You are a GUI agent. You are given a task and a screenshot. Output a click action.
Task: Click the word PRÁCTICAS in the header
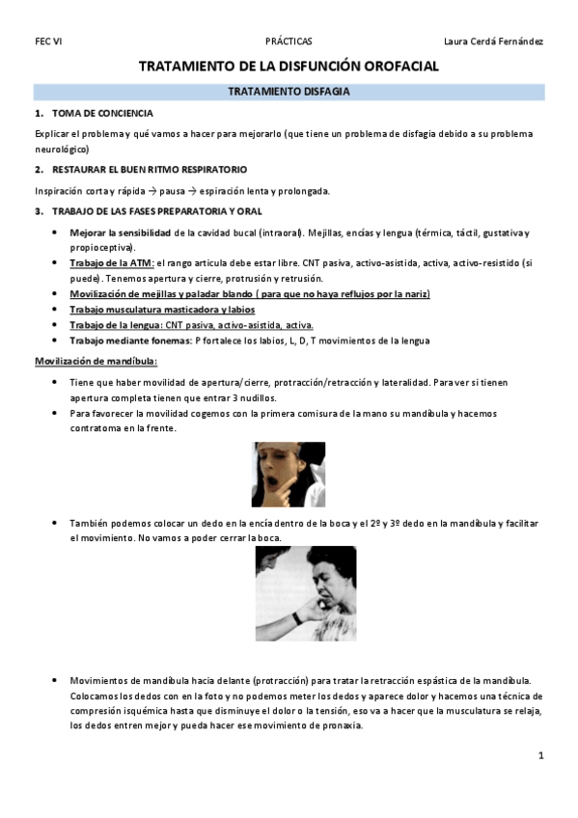(289, 41)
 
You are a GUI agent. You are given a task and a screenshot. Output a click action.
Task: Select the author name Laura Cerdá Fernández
(493, 41)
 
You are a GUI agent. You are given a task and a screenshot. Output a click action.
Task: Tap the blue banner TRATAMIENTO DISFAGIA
(289, 92)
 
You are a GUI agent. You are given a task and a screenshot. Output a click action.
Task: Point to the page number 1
(541, 756)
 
